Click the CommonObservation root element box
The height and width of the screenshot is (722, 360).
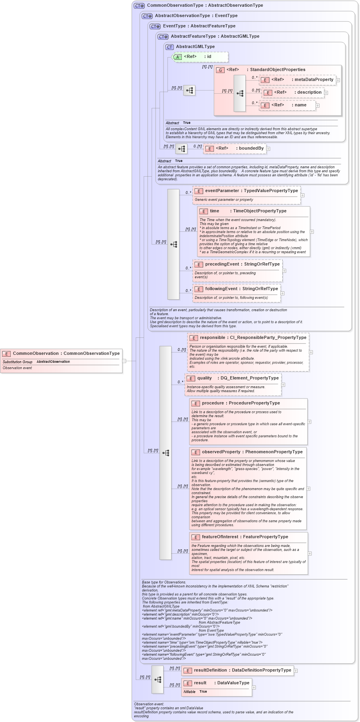tap(61, 360)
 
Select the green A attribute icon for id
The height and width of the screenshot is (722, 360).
tap(177, 57)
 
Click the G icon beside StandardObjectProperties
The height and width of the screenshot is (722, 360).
tap(220, 70)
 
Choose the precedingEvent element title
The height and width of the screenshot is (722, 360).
tap(242, 264)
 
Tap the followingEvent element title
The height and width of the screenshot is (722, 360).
tap(241, 289)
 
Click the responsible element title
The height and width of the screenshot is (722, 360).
tap(253, 338)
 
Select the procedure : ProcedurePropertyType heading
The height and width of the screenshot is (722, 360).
tap(241, 403)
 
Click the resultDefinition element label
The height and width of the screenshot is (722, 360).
tap(242, 670)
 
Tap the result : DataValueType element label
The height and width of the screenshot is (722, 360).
tap(221, 683)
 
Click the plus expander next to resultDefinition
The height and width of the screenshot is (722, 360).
tap(296, 671)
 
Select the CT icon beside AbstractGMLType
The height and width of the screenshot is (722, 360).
tap(169, 47)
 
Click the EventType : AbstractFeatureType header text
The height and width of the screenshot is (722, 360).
tap(199, 26)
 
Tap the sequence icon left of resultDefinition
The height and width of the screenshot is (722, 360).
tap(158, 680)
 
